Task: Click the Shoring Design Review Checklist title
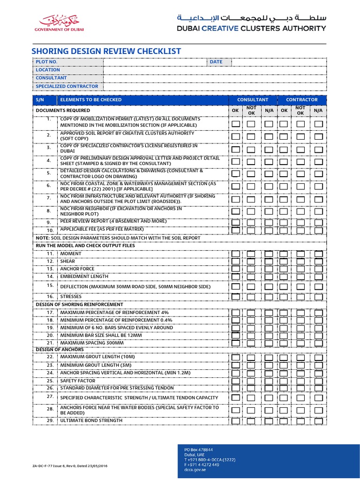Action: (106, 52)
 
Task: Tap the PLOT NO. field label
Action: (47, 62)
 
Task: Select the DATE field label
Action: (216, 62)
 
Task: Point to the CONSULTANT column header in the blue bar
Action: (253, 100)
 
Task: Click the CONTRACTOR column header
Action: (302, 100)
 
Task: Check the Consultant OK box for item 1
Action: (235, 124)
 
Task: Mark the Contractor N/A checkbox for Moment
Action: (319, 254)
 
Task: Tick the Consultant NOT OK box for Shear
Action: (252, 262)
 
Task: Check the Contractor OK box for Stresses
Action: (284, 297)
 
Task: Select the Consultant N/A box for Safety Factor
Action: (268, 381)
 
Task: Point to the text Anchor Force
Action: (77, 269)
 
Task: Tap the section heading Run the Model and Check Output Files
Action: (85, 246)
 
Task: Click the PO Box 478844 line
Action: (199, 450)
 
